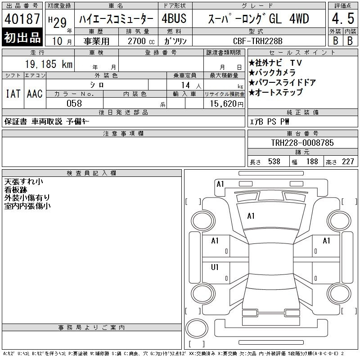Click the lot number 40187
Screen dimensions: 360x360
[22, 19]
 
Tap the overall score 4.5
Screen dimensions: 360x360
[343, 18]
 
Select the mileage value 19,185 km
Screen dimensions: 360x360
[49, 64]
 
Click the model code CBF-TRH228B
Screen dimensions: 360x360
[257, 41]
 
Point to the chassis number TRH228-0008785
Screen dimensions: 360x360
[302, 143]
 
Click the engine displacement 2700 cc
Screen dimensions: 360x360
[141, 41]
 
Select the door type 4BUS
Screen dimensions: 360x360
[174, 18]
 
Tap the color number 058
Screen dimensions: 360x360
[74, 103]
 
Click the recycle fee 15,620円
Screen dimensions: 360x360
[226, 104]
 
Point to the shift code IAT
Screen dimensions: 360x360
[13, 94]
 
